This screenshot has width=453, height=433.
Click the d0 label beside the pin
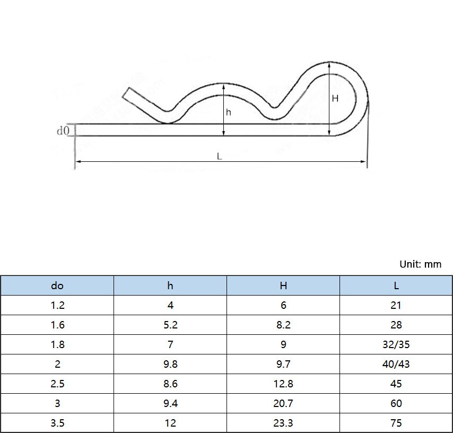(x=63, y=130)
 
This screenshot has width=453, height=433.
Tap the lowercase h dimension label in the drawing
(x=229, y=112)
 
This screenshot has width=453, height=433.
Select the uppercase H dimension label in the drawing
(x=335, y=98)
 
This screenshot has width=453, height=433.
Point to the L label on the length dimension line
(x=219, y=156)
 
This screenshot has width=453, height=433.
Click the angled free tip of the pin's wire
(x=127, y=93)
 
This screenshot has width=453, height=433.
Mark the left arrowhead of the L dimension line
(x=77, y=161)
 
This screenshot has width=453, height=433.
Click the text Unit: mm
(x=420, y=264)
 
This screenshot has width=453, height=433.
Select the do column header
(x=57, y=285)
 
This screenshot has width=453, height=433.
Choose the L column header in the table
(x=396, y=285)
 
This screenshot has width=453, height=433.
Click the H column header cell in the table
(x=283, y=285)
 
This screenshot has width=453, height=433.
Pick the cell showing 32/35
(x=396, y=344)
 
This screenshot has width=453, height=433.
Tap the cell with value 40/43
(x=396, y=364)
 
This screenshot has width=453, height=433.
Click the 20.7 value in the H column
(x=283, y=403)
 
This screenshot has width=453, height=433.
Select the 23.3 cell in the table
(x=283, y=423)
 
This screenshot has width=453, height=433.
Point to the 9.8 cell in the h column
(x=170, y=364)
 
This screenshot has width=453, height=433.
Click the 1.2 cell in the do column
(x=57, y=305)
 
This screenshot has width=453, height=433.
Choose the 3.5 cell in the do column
(x=57, y=423)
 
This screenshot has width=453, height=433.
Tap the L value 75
(x=396, y=423)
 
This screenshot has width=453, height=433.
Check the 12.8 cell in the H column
(x=283, y=384)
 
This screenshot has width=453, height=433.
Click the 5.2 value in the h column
(x=170, y=325)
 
